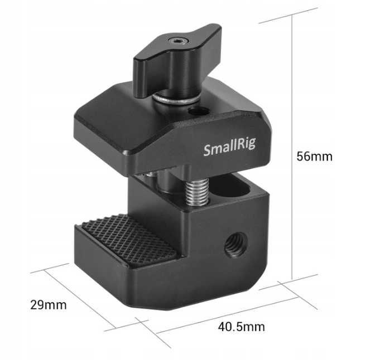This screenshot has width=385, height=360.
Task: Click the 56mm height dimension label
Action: point(314,157)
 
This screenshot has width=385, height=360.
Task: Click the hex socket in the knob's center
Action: point(177,41)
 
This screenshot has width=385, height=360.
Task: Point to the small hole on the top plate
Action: point(195,111)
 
